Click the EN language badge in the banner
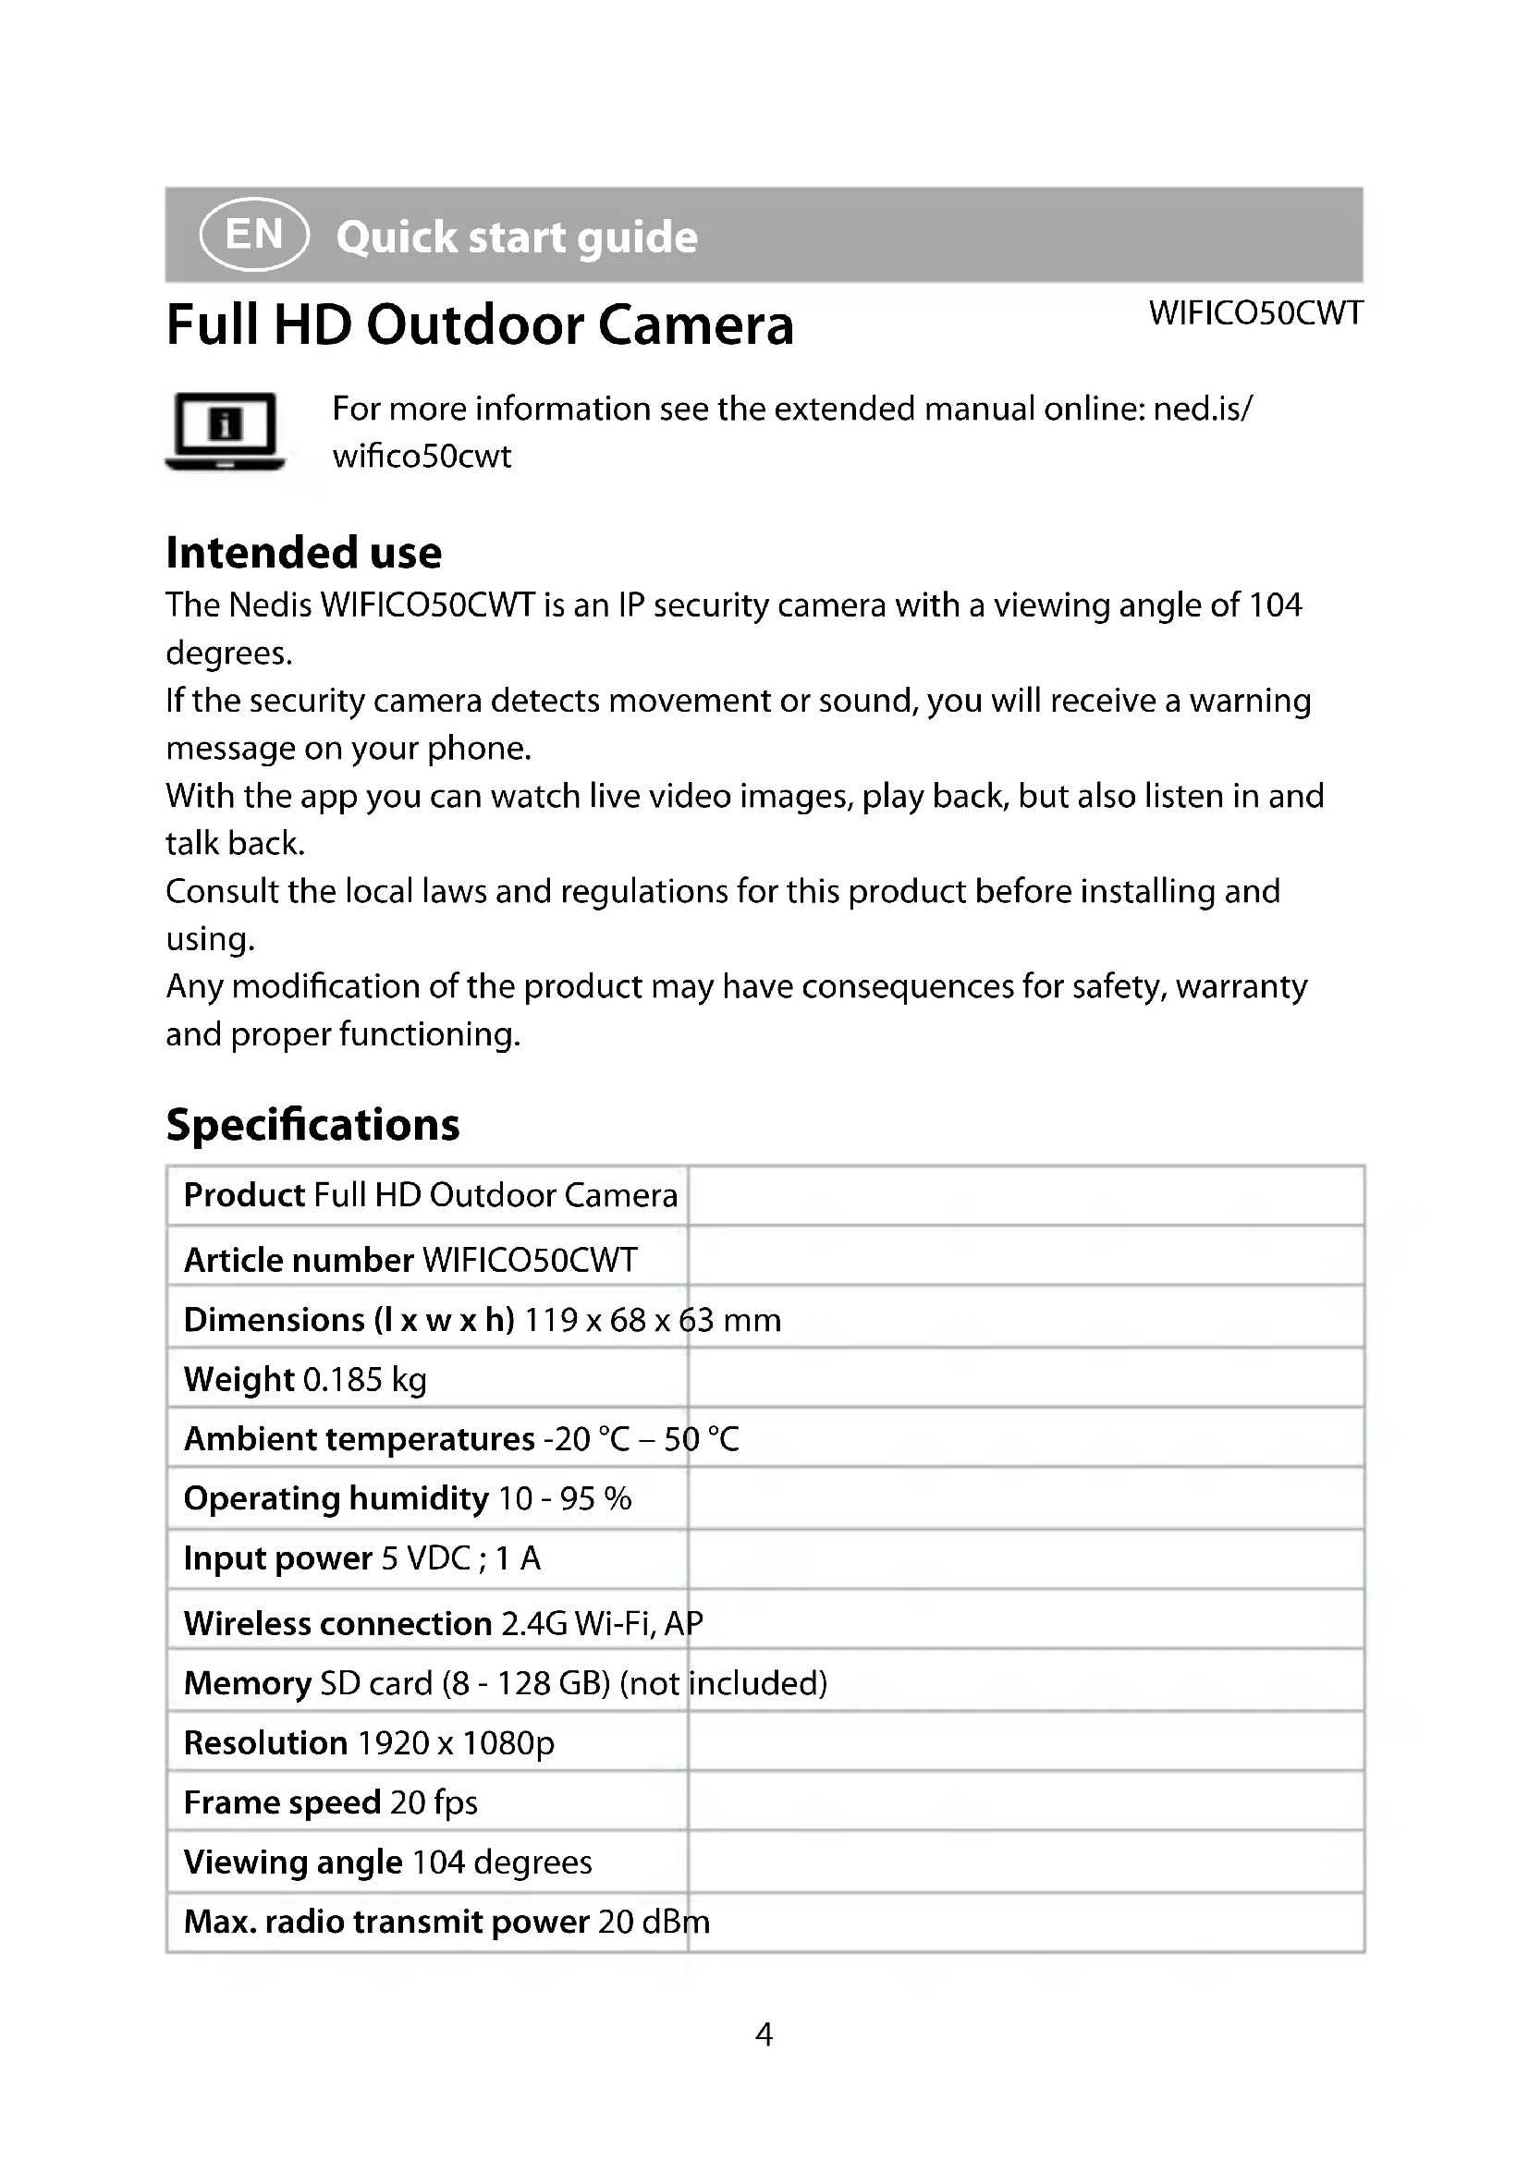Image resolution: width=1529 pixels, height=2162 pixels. (254, 235)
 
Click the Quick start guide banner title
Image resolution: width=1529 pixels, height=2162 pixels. (517, 238)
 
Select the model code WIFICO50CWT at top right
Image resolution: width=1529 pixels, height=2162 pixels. (1255, 313)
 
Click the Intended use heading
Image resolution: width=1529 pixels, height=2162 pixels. (303, 553)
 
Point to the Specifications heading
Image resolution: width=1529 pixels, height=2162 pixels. (312, 1124)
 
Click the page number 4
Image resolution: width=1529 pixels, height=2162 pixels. (764, 2034)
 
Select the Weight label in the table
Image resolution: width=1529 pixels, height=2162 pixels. (239, 1379)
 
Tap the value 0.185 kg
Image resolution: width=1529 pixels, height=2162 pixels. (365, 1379)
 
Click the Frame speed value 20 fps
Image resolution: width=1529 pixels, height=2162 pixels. (433, 1802)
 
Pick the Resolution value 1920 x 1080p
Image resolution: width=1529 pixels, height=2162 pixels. (456, 1743)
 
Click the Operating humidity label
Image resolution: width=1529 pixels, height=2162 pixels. (336, 1498)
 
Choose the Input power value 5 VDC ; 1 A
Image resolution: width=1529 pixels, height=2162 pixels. (460, 1558)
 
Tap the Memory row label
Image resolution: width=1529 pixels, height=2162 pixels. (247, 1682)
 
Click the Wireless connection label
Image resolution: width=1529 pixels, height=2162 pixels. (338, 1623)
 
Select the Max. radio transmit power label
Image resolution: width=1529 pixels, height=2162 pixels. (386, 1921)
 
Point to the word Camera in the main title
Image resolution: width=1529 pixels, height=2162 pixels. (696, 324)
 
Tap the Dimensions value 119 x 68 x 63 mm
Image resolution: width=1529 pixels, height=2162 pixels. (653, 1320)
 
